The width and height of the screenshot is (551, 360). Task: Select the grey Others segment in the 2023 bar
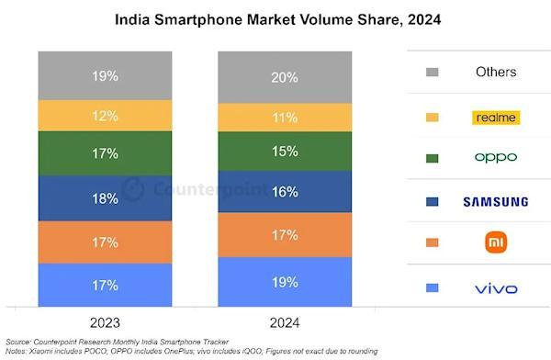(105, 75)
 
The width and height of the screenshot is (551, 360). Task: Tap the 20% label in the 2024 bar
(285, 77)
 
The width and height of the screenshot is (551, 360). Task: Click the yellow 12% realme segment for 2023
(105, 116)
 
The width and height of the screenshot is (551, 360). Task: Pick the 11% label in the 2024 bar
(285, 118)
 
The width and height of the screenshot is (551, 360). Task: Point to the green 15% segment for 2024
(285, 152)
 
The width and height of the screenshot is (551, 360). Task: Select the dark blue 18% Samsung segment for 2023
(105, 198)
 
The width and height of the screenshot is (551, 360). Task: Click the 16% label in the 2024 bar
(285, 192)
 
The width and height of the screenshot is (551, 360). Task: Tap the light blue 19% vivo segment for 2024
(285, 282)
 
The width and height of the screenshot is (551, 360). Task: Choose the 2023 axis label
(105, 322)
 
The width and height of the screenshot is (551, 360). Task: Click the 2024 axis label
(285, 322)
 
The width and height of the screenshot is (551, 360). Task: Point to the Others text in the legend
(496, 72)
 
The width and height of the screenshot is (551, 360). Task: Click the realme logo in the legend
(496, 118)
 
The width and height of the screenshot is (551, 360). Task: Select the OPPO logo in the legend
(496, 158)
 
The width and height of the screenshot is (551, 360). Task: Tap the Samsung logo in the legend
(496, 202)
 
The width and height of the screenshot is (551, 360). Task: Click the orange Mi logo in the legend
(496, 242)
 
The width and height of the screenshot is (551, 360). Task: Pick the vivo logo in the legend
(496, 288)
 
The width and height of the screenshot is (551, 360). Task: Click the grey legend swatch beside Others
(433, 72)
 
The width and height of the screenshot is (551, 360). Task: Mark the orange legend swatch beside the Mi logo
(433, 242)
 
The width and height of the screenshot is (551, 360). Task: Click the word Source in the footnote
(18, 342)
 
